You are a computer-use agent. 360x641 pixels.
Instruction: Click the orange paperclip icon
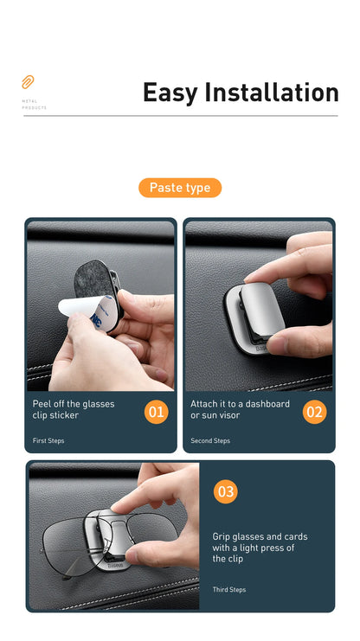pos(28,82)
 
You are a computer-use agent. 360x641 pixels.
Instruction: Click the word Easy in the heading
pos(170,93)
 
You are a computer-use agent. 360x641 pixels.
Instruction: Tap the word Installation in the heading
pos(271,93)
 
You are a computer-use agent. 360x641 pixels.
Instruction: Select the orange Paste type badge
pos(180,188)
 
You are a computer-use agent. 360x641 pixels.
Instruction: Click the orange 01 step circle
pos(156,412)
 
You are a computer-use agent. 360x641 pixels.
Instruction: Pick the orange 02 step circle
pos(314,412)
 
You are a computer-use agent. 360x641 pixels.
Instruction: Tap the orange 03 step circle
pos(225,491)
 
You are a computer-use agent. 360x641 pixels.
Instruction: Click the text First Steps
pos(48,441)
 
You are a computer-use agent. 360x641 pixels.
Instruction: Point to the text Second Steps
pos(210,441)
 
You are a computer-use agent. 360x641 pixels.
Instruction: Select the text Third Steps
pos(229,590)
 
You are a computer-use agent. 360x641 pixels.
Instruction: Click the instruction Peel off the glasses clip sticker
pos(74,409)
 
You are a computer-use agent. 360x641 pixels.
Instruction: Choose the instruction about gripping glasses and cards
pos(260,548)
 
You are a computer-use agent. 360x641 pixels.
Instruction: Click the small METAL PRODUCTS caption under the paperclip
pos(34,106)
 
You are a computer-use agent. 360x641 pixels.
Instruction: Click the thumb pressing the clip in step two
pos(299,340)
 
